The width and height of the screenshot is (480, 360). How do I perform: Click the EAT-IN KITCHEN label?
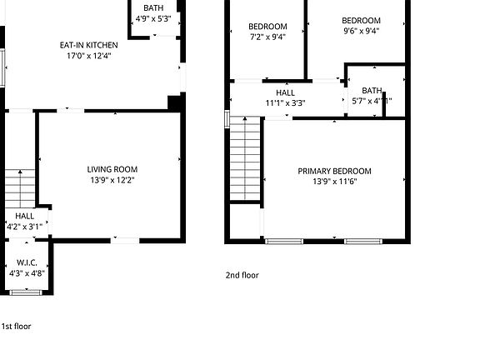point(88,45)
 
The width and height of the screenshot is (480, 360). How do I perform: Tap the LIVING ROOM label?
point(112,169)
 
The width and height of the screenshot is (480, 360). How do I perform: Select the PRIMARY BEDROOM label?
point(335,171)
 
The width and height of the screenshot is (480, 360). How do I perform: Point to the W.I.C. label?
point(25,262)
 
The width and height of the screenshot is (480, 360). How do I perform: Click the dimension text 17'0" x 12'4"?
point(88,57)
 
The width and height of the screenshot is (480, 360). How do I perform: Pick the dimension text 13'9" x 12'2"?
point(112,180)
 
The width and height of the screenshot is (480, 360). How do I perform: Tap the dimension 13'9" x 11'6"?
point(335,182)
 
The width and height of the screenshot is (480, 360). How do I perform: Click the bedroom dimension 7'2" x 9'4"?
point(267,37)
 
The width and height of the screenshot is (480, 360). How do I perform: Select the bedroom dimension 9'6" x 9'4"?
point(361,32)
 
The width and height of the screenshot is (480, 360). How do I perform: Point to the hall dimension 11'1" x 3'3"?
point(285,102)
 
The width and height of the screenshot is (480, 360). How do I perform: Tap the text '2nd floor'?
point(242,275)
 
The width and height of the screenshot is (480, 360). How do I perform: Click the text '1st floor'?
point(16,327)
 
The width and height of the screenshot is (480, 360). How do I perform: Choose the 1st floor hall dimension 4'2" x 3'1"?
point(24,226)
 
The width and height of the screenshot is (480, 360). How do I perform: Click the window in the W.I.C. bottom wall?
point(25,292)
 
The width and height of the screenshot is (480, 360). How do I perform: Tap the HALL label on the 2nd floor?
point(285,92)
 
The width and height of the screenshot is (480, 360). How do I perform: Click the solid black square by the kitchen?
point(174,102)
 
